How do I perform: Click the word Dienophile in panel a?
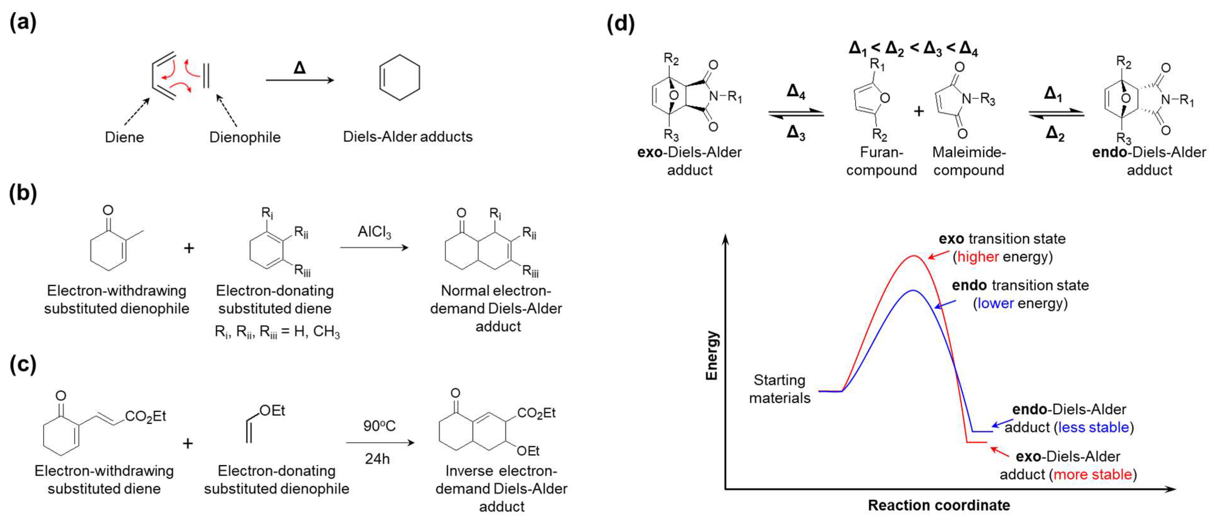pos(245,137)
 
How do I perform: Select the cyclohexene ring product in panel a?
pos(400,77)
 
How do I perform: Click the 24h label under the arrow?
pos(377,459)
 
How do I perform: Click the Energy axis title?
pos(712,355)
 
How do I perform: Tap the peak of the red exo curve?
pos(914,256)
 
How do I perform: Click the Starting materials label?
pos(779,388)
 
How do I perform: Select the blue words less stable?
pos(1093,427)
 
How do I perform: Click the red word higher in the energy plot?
pos(978,257)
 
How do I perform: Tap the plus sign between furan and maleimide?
pos(919,112)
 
